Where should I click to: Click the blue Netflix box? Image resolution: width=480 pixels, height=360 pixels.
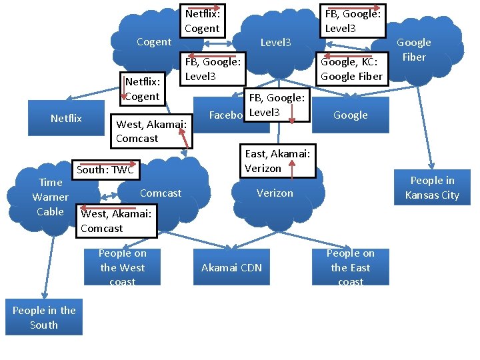tap(66, 119)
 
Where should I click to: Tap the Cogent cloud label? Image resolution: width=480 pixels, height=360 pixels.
tap(153, 42)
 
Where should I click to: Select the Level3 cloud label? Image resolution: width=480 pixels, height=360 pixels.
tap(275, 43)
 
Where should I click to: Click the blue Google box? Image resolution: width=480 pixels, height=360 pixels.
tap(351, 115)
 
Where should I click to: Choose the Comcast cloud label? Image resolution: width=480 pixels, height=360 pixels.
tap(160, 193)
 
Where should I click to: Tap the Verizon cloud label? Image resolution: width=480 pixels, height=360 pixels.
tap(275, 193)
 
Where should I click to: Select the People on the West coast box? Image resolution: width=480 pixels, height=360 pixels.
tap(123, 267)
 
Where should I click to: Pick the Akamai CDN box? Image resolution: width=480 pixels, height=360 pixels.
tap(232, 267)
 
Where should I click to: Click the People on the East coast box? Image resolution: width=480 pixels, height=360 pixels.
tap(351, 267)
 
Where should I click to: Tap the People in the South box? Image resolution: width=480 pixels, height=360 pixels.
tap(44, 318)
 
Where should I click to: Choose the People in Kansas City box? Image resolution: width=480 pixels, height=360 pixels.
tap(432, 188)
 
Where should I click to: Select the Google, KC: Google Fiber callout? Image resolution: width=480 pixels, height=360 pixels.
tap(351, 69)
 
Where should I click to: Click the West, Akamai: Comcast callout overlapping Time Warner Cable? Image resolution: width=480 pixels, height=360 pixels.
tap(116, 221)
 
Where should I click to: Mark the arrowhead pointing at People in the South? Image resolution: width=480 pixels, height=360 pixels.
tap(45, 295)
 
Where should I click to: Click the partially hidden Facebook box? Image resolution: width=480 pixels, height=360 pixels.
tap(224, 115)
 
